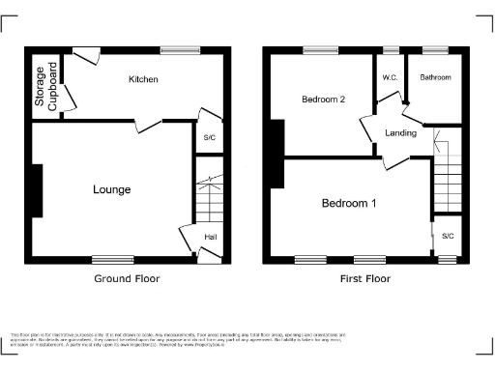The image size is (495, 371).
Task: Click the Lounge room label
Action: pos(112,189)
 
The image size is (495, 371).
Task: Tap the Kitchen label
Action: pos(143,79)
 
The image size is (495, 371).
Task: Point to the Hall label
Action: pos(210,237)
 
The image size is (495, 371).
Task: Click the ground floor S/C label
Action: pos(209,137)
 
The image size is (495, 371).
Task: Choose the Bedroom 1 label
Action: pos(349,203)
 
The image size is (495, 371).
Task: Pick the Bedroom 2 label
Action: pos(323,99)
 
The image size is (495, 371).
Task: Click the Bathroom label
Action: pos(435,78)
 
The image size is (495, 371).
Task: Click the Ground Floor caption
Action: pos(127,279)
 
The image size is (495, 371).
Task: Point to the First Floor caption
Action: pos(364,279)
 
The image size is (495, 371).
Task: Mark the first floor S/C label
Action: pos(448,236)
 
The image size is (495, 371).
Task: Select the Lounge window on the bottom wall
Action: pos(113,259)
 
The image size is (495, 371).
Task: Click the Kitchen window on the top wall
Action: pos(180,51)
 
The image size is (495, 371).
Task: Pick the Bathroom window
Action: pos(434,50)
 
